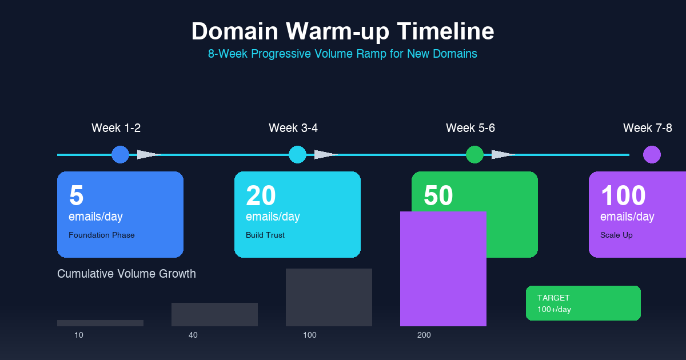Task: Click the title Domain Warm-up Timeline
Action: pyautogui.click(x=342, y=31)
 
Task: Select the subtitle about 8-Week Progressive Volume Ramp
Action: pyautogui.click(x=342, y=54)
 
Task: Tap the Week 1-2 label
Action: pyautogui.click(x=116, y=128)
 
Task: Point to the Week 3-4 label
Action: pyautogui.click(x=293, y=128)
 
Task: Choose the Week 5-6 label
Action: pyautogui.click(x=470, y=128)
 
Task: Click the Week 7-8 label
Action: pyautogui.click(x=648, y=128)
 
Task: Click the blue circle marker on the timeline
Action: pyautogui.click(x=120, y=154)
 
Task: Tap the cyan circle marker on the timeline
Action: pyautogui.click(x=297, y=154)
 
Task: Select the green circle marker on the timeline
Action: pyautogui.click(x=474, y=154)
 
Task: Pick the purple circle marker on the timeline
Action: pyautogui.click(x=652, y=154)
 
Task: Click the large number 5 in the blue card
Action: pyautogui.click(x=76, y=196)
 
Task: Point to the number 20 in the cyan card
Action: pyautogui.click(x=261, y=196)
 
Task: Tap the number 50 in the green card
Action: pyautogui.click(x=438, y=196)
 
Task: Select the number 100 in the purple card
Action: pyautogui.click(x=623, y=196)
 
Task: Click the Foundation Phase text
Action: pyautogui.click(x=102, y=235)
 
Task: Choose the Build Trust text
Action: pyautogui.click(x=265, y=235)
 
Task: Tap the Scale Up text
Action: pyautogui.click(x=616, y=235)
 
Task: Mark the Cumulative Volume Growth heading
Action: pyautogui.click(x=126, y=274)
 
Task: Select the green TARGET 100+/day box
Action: pyautogui.click(x=583, y=303)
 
